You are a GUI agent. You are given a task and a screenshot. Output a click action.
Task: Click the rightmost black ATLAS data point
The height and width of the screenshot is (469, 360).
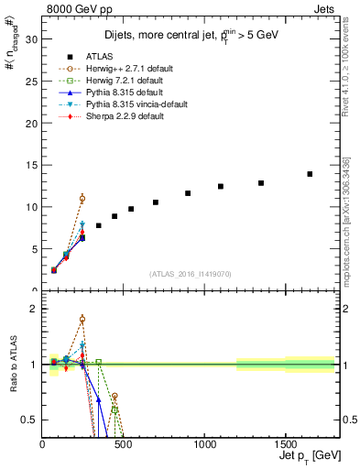(x=310, y=174)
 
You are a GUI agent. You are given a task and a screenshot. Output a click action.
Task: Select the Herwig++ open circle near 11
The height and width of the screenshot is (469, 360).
(x=82, y=199)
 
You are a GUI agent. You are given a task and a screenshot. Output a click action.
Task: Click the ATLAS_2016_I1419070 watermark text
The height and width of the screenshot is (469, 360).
(x=191, y=273)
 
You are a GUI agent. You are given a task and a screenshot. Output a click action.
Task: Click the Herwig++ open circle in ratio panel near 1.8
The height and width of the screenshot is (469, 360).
(x=82, y=320)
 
